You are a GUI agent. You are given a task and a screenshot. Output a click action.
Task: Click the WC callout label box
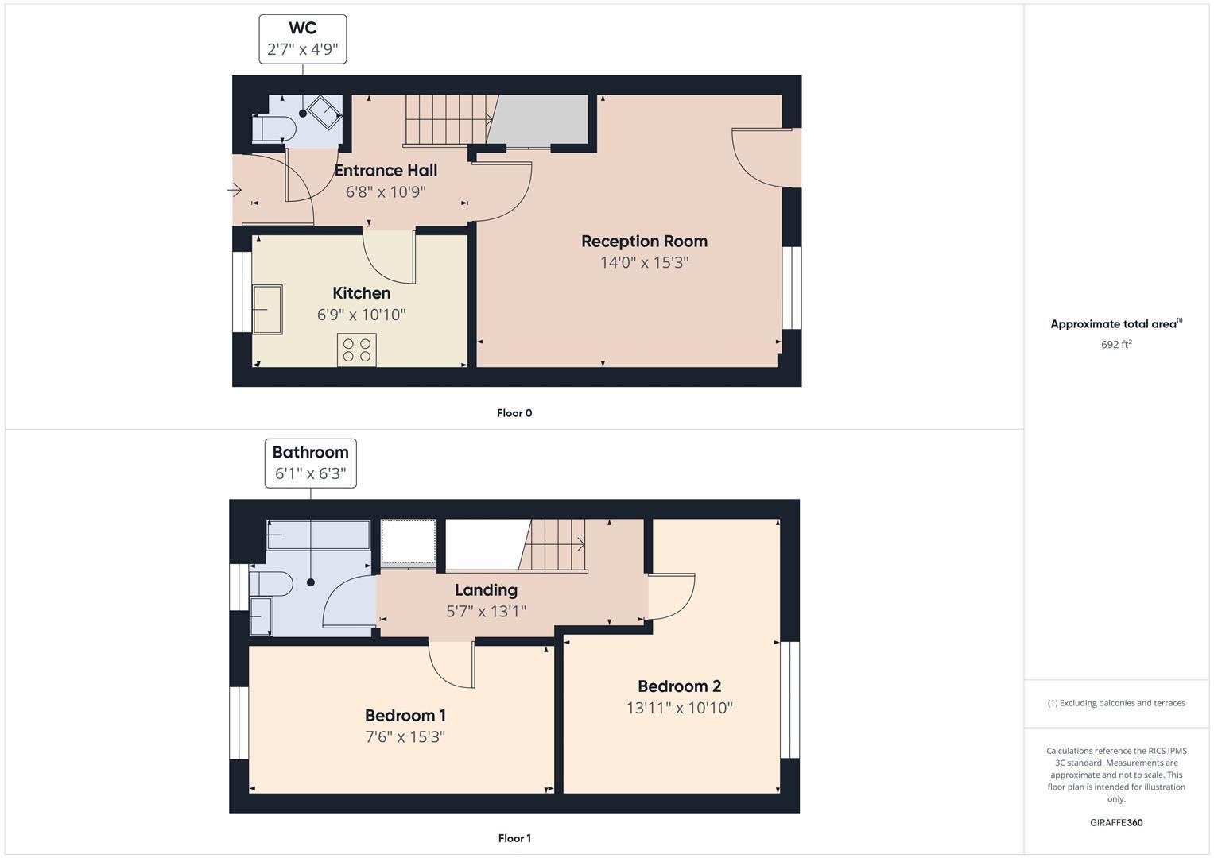coord(302,39)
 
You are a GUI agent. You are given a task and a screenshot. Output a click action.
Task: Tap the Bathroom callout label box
coord(310,463)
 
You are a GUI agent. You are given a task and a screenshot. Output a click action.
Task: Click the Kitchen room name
coord(361,293)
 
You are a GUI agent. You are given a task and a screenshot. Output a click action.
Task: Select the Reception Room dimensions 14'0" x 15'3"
coord(644,262)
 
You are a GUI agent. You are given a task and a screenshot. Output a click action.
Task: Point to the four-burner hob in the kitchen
coord(356,350)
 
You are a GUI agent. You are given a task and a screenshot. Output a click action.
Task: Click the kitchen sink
coord(267,309)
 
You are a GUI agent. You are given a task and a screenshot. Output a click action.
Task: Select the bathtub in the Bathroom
coord(318,535)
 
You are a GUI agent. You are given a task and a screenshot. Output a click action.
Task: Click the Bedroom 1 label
coord(405,715)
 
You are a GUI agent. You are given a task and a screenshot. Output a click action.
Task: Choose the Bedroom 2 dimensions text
coord(679,708)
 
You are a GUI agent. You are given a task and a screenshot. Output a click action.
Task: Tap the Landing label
coord(486,590)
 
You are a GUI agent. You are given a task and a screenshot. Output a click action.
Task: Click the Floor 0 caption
coord(514,413)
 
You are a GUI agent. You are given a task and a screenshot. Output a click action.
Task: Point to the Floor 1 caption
coord(514,838)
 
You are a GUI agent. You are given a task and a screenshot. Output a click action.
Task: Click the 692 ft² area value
coord(1116,345)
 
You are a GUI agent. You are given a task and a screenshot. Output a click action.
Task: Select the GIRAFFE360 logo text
coord(1116,823)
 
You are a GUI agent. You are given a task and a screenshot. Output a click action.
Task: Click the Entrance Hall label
coord(386,170)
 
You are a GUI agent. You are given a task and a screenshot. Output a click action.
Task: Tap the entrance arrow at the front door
coord(235,190)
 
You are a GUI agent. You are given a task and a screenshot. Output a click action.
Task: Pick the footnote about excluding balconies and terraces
coord(1116,703)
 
